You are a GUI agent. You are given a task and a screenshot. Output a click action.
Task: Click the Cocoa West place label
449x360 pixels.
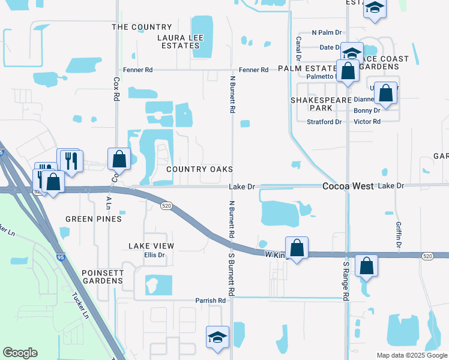(348, 187)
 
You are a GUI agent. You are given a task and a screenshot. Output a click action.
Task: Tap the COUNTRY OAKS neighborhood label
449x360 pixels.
(199, 170)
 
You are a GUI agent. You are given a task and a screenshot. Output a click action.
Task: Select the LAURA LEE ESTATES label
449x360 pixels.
(180, 41)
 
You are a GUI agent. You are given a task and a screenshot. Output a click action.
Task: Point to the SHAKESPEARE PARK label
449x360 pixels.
(312, 104)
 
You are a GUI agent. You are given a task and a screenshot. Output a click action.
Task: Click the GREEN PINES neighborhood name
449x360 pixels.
(93, 219)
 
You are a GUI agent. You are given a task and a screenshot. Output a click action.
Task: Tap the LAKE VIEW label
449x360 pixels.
(151, 246)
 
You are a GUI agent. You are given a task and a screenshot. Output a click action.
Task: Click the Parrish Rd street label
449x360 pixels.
(210, 301)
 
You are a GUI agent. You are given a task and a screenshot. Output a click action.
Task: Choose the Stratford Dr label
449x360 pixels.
(324, 122)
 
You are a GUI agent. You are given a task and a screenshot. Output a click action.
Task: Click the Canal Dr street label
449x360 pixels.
(298, 48)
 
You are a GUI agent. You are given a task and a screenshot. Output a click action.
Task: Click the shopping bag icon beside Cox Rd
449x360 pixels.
(119, 159)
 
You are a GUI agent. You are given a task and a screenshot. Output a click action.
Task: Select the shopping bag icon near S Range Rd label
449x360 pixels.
(366, 265)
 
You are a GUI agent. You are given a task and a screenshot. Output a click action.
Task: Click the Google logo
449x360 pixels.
(20, 353)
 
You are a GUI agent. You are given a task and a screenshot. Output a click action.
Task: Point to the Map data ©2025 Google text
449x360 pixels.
(411, 355)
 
